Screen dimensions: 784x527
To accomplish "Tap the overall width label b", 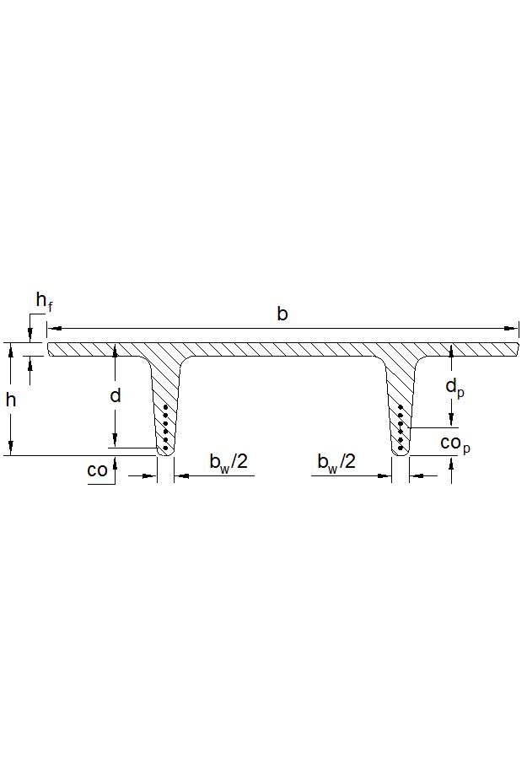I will coord(282,314).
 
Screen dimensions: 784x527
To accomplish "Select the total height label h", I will coord(11,400).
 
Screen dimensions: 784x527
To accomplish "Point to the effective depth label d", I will coord(116,395).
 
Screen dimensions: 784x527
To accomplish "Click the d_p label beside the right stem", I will coord(454,389).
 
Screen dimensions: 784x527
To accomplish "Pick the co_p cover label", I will coord(454,443).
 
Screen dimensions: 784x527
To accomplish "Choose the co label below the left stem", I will coord(97,470).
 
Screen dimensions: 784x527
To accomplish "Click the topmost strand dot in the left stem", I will coord(166,408).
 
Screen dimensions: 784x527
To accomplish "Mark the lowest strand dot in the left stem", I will coord(165,448).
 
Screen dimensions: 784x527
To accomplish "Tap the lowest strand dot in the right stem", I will coord(400,448).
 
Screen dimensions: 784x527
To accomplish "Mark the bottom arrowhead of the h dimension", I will coord(11,450).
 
